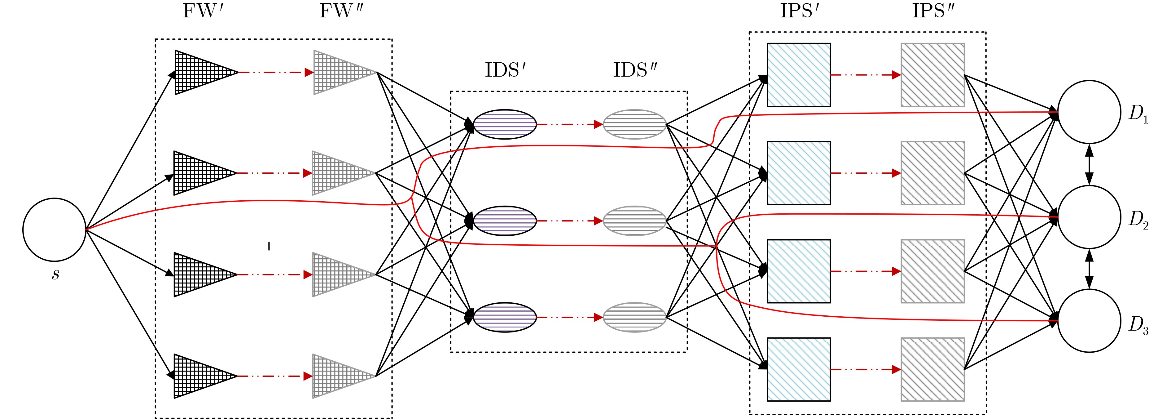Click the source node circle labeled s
click(x=55, y=230)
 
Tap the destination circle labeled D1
click(x=1089, y=112)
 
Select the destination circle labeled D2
click(x=1089, y=217)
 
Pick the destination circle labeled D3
click(x=1089, y=321)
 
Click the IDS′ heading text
click(x=505, y=70)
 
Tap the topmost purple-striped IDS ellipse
click(x=505, y=124)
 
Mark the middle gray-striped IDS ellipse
click(x=634, y=221)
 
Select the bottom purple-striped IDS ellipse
click(x=505, y=317)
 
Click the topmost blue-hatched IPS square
click(x=799, y=75)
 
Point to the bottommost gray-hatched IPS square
click(x=933, y=369)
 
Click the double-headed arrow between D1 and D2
click(x=1089, y=165)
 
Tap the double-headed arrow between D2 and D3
click(x=1089, y=269)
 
